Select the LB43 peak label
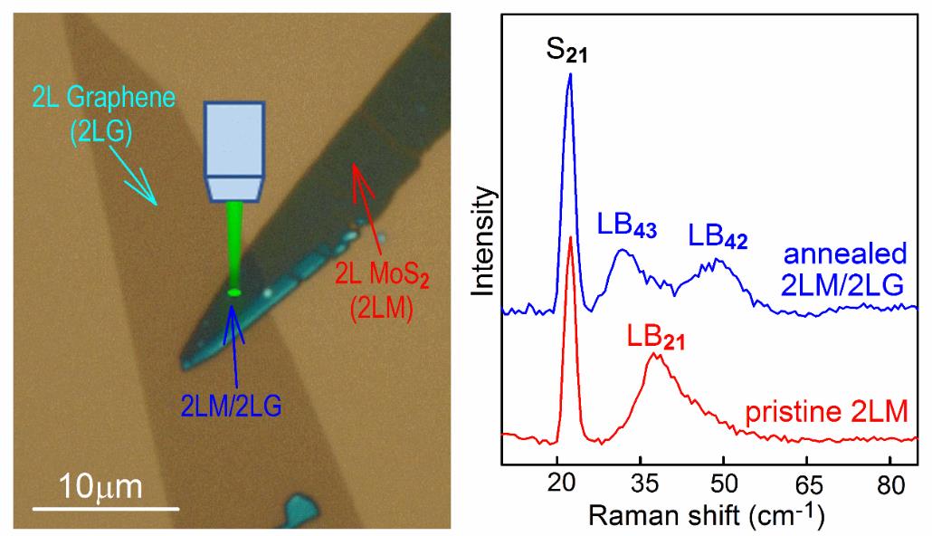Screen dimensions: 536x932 point(625,224)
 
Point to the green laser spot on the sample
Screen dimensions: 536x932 point(234,292)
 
